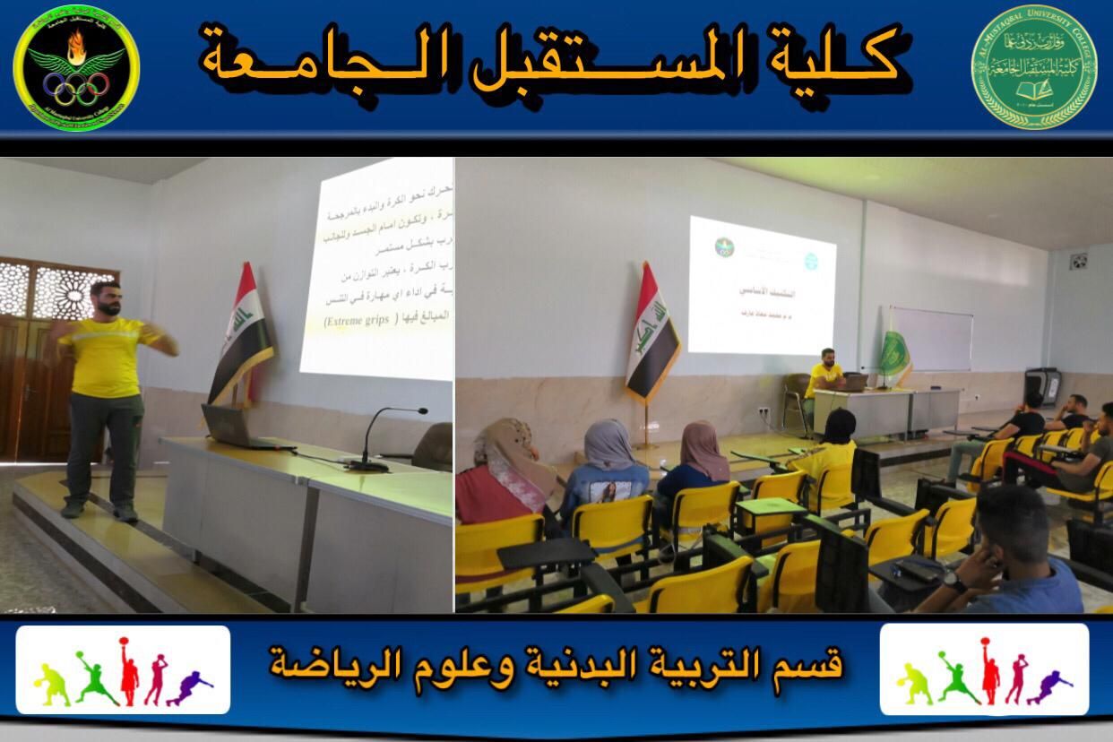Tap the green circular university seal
tap(1034, 67)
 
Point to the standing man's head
tap(107, 298)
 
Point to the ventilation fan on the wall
tap(1078, 263)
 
